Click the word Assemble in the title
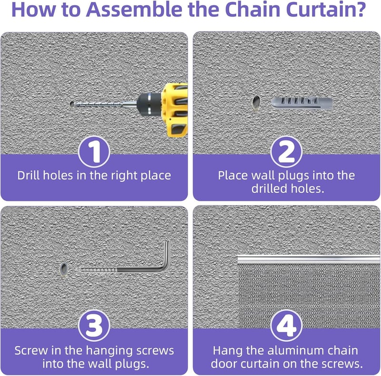tap(134, 9)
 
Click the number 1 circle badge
tap(94, 152)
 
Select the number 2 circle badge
tap(287, 152)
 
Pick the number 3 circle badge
tap(94, 325)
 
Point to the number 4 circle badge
tap(287, 325)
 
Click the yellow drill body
tap(175, 110)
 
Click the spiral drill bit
tap(105, 104)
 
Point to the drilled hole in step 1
tap(72, 104)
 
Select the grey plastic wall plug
tap(301, 102)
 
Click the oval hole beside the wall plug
tap(256, 102)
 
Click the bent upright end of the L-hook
tap(166, 254)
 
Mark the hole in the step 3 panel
tap(64, 270)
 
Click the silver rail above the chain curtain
tap(309, 259)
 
